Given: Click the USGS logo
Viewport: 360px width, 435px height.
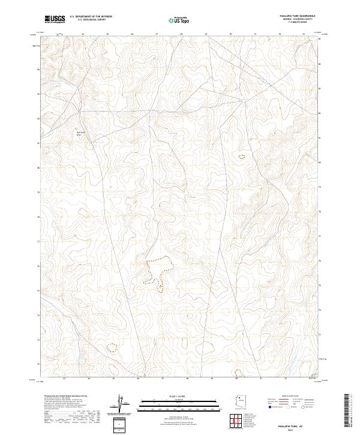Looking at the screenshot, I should pyautogui.click(x=55, y=19).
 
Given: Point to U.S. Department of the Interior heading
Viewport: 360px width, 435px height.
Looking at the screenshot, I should pyautogui.click(x=91, y=17).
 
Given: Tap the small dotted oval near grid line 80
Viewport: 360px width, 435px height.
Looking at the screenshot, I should pyautogui.click(x=242, y=157).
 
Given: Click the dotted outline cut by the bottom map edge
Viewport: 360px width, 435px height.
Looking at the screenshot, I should pyautogui.click(x=239, y=373).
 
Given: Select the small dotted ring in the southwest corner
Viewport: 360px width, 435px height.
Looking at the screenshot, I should pyautogui.click(x=111, y=347).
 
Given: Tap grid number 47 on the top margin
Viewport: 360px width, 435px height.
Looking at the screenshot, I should pyautogui.click(x=157, y=35).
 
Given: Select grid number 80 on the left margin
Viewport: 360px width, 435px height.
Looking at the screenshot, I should pyautogui.click(x=38, y=168).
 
